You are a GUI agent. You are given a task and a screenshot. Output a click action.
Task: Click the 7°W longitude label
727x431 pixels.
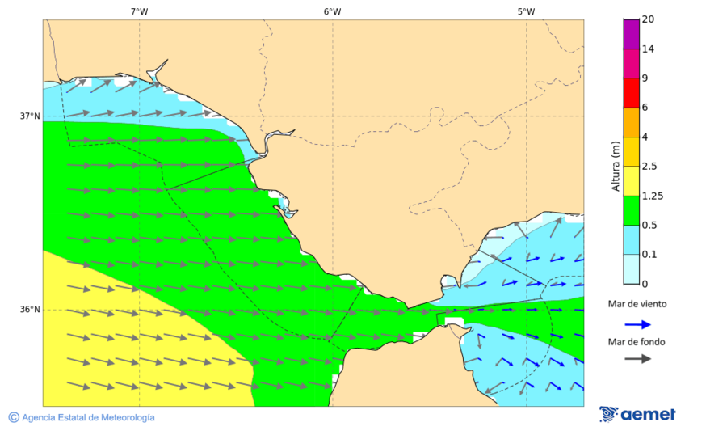[x=139, y=11]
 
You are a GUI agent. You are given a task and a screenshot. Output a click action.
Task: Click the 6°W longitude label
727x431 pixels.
[x=332, y=11]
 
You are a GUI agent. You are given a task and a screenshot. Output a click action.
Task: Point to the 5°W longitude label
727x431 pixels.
[x=526, y=11]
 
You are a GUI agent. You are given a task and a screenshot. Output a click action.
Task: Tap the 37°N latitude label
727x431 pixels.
[x=29, y=116]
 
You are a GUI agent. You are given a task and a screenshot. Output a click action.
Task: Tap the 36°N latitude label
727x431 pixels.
[x=29, y=310]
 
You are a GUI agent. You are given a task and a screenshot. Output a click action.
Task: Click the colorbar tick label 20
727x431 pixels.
[x=647, y=19]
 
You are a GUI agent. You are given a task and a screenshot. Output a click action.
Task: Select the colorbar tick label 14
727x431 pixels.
[x=647, y=49]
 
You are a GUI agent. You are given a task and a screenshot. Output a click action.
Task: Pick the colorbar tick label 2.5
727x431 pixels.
[x=649, y=167]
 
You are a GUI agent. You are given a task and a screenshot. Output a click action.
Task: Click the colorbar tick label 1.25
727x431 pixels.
[x=651, y=196]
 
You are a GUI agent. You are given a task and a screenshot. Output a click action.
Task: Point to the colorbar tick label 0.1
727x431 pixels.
[x=649, y=255]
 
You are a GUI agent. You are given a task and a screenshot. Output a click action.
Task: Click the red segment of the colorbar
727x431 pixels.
[x=631, y=92]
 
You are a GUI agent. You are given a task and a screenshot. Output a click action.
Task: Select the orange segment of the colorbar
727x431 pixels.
[x=631, y=122]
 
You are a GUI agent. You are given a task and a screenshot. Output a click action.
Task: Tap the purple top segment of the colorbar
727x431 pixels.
[x=631, y=34]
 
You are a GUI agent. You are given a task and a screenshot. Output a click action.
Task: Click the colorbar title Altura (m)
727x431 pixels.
[x=616, y=166]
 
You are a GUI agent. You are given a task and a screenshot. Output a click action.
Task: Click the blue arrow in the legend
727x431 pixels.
[x=637, y=324]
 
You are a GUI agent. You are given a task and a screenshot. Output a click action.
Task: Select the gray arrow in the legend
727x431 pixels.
[x=637, y=358]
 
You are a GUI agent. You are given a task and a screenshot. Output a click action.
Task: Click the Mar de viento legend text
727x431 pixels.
[x=637, y=304]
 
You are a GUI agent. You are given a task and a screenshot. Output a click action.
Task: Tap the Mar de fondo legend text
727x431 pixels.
[x=637, y=342]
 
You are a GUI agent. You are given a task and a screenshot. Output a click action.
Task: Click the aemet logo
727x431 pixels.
[x=637, y=414]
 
